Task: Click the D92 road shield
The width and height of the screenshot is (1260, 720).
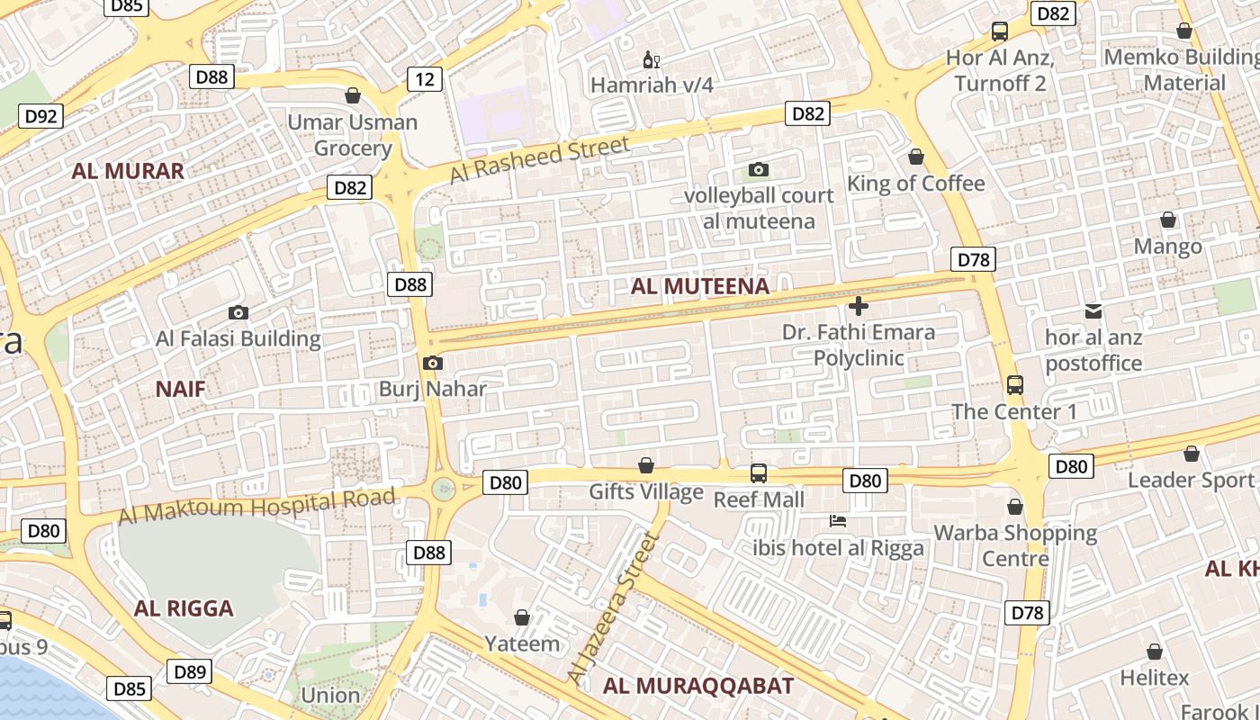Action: (41, 116)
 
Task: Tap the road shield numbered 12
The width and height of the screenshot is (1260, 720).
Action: (425, 79)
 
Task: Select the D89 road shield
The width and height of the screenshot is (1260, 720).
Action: (191, 671)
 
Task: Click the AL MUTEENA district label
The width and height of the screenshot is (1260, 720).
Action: (700, 287)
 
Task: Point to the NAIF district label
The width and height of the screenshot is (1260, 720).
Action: (180, 389)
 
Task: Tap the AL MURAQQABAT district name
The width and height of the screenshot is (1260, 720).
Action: (698, 686)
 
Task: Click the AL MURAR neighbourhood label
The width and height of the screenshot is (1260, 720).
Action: (128, 171)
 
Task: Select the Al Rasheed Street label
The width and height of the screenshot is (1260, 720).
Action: (539, 159)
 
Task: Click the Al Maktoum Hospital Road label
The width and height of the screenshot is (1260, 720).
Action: (257, 507)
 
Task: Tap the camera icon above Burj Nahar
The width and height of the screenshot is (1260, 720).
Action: (432, 364)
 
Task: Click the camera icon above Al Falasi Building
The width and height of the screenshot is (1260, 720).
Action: (238, 313)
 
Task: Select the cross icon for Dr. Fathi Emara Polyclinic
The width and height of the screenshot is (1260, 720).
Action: (859, 306)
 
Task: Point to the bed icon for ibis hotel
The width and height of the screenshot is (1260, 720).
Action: (838, 521)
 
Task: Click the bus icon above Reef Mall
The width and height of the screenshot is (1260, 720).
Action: (759, 473)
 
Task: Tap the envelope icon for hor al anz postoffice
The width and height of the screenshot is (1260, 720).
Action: (1093, 311)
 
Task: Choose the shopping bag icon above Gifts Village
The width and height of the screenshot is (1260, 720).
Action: (645, 465)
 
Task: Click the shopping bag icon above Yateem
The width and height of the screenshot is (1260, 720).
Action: (522, 617)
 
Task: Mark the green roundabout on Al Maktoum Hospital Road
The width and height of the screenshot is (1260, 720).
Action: (443, 489)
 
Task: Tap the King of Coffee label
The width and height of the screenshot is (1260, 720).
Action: (916, 184)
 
